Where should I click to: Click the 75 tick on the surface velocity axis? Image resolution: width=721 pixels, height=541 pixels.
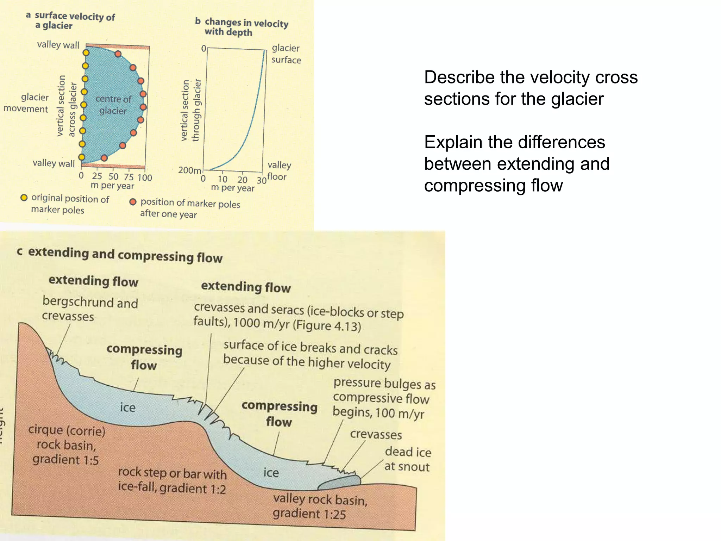point(128,177)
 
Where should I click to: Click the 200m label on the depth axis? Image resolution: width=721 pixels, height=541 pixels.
point(189,170)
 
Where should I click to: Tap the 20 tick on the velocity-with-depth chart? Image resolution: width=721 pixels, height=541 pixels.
point(242,180)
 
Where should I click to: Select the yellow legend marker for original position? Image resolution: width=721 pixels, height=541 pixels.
point(24,198)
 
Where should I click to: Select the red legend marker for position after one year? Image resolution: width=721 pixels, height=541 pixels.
point(133,202)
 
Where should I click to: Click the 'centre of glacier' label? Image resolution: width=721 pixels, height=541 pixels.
point(113,105)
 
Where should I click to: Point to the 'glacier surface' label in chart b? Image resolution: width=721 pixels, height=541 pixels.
point(286,54)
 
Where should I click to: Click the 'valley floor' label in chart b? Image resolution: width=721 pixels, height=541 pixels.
point(278,171)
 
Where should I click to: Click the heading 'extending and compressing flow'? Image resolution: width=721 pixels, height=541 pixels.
point(120,255)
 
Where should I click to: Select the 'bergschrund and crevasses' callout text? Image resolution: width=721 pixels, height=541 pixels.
point(89,309)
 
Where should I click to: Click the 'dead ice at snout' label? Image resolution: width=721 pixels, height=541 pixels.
point(407,459)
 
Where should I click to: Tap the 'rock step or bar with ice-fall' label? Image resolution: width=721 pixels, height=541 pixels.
point(172,481)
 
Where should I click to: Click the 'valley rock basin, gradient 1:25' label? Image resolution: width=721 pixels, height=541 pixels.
point(320,506)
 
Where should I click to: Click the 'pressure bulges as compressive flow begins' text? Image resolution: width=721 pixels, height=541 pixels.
point(384,398)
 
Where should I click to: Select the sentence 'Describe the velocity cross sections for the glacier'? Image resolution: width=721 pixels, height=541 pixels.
point(531,88)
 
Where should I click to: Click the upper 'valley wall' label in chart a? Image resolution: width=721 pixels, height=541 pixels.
point(58,45)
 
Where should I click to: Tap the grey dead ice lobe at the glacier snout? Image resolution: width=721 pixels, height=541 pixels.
point(339,484)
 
